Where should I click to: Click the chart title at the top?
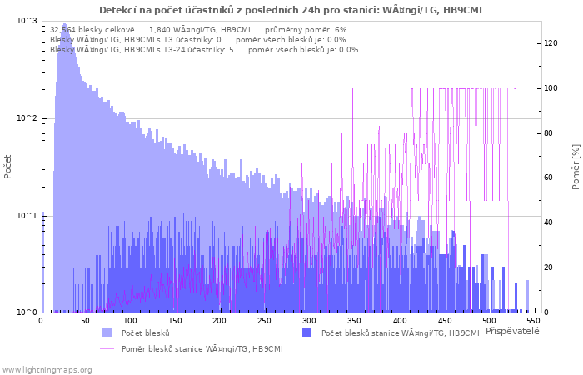pyautogui.click(x=291, y=10)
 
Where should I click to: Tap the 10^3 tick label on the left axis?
pyautogui.click(x=27, y=21)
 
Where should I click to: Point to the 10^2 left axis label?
pyautogui.click(x=27, y=118)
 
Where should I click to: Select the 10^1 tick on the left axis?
pyautogui.click(x=27, y=216)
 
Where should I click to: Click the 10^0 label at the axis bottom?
pyautogui.click(x=27, y=312)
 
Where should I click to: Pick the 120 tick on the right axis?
pyautogui.click(x=551, y=43)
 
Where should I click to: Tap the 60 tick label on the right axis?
pyautogui.click(x=548, y=177)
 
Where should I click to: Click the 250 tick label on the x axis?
pyautogui.click(x=264, y=321)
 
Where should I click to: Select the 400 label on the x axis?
pyautogui.click(x=400, y=321)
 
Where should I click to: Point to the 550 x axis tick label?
pyautogui.click(x=534, y=321)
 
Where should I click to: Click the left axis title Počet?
pyautogui.click(x=7, y=167)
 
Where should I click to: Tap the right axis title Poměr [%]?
pyautogui.click(x=576, y=167)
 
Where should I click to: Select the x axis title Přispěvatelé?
pyautogui.click(x=512, y=331)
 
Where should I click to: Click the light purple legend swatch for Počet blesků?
pyautogui.click(x=107, y=332)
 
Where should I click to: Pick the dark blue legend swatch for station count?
pyautogui.click(x=306, y=332)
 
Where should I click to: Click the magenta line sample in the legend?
pyautogui.click(x=107, y=348)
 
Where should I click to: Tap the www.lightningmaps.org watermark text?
pyautogui.click(x=47, y=370)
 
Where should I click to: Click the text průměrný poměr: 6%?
pyautogui.click(x=306, y=30)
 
